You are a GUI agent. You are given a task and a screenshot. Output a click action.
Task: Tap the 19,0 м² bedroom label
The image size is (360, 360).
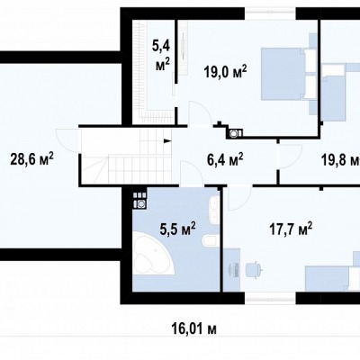click(x=225, y=72)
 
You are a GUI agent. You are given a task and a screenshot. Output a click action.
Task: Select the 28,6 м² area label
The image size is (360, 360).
click(x=31, y=158)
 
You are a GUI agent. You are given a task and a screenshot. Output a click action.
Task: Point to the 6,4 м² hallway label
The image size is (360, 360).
click(x=225, y=158)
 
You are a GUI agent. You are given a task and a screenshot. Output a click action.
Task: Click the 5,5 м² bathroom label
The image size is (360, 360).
click(x=177, y=229)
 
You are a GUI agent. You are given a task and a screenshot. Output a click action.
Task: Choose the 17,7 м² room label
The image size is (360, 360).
click(x=291, y=229)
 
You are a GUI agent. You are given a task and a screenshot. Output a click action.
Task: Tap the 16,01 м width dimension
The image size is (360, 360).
click(x=194, y=328)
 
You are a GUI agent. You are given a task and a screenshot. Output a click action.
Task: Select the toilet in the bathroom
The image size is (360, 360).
click(x=209, y=240)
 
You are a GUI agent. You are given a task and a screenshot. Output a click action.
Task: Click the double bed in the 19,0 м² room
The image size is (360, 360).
click(x=289, y=74)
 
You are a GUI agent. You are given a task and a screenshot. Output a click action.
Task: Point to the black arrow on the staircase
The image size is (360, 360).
click(x=167, y=140)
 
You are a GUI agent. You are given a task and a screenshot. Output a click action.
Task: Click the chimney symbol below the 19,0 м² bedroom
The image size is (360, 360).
click(x=234, y=133)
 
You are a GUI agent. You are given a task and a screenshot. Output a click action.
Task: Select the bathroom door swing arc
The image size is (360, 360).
click(x=192, y=174)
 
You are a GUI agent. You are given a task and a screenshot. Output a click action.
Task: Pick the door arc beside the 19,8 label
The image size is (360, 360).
click(x=291, y=156)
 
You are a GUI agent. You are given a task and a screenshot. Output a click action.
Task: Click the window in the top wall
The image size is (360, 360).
click(x=271, y=14)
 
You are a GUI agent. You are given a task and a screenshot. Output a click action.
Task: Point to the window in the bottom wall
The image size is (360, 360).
click(x=271, y=298)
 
